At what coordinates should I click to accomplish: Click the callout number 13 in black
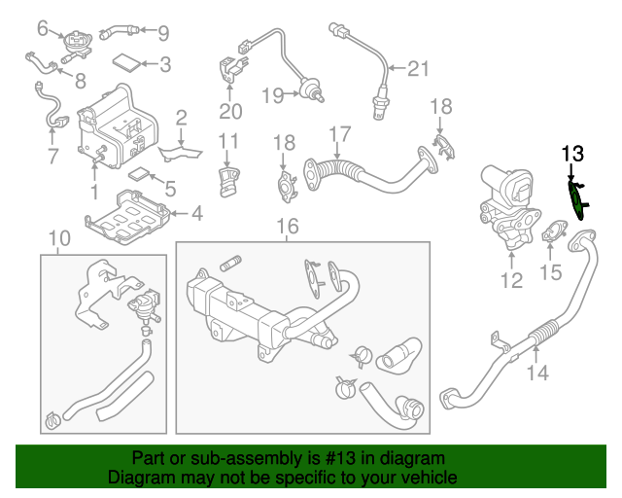point(572,153)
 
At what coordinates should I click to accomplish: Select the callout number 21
point(417,68)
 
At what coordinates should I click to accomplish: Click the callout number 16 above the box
point(286,228)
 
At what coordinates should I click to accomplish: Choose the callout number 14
point(537,371)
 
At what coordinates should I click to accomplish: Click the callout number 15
point(551,273)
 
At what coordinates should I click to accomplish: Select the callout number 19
point(272,95)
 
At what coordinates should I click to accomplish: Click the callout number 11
point(228,142)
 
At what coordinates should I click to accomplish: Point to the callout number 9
point(162,33)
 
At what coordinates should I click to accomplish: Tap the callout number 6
point(43,28)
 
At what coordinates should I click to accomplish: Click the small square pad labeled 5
point(140,177)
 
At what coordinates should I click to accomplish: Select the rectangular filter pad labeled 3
point(125,64)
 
